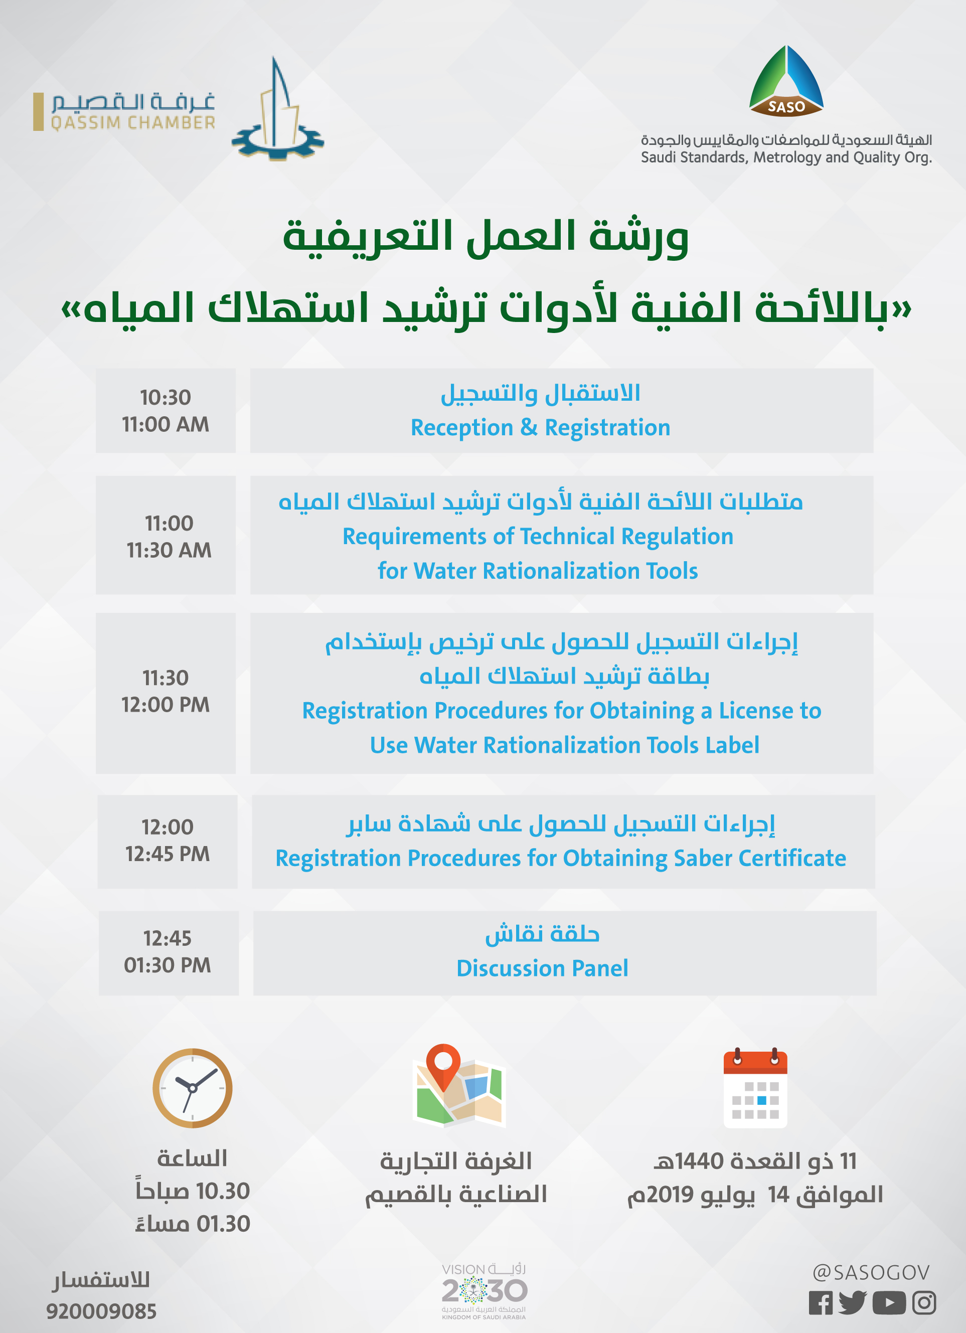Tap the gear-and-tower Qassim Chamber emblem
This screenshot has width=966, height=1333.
coord(277,109)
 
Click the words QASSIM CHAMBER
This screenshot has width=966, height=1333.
coord(133,123)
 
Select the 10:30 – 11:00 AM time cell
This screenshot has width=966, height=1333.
coord(166,410)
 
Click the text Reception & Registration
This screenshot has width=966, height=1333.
coord(540,428)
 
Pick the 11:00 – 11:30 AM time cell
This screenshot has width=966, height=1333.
coord(166,535)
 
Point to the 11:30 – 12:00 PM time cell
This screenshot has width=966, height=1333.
coord(166,693)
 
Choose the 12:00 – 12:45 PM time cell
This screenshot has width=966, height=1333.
coord(168,842)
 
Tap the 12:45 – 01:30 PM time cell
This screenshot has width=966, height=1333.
coord(169,953)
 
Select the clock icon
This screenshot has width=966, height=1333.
coord(192,1088)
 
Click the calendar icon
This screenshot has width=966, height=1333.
coord(755,1088)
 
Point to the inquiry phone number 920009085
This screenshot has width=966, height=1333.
coord(101,1311)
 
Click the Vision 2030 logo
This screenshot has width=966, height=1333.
coord(484,1291)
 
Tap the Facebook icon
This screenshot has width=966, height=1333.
coord(820,1303)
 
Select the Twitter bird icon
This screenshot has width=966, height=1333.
coord(853,1302)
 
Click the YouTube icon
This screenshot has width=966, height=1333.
coord(888,1303)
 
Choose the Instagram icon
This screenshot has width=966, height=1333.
coord(924,1303)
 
